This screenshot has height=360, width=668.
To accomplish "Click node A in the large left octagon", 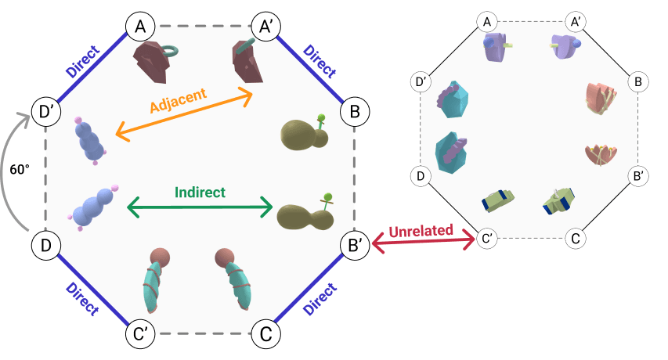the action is click(x=141, y=27).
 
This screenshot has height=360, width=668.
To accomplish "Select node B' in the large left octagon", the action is click(x=355, y=246).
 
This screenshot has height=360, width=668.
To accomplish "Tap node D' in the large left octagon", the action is click(x=46, y=112).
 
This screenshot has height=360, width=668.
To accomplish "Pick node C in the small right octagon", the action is click(x=576, y=238).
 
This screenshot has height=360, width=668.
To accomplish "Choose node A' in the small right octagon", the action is click(x=576, y=22).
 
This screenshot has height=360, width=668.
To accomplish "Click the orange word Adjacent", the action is click(x=178, y=100).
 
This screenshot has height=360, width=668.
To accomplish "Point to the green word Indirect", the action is click(x=200, y=193).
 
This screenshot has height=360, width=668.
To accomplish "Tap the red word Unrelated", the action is click(x=421, y=231).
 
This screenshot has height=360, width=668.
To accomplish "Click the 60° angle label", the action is click(x=20, y=170).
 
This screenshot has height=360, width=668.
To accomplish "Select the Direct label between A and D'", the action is click(x=83, y=61).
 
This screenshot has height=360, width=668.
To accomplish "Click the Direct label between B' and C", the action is click(x=320, y=299).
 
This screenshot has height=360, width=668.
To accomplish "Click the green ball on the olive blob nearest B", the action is click(x=321, y=117).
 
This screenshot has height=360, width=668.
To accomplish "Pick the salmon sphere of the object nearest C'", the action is click(x=160, y=257).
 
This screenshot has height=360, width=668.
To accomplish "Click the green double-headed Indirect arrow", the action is click(x=200, y=207).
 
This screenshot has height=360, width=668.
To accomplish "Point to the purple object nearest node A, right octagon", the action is click(x=496, y=46).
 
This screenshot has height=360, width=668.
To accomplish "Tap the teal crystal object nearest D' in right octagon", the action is click(x=453, y=99).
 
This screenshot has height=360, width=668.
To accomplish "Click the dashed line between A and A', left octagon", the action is click(x=203, y=26).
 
